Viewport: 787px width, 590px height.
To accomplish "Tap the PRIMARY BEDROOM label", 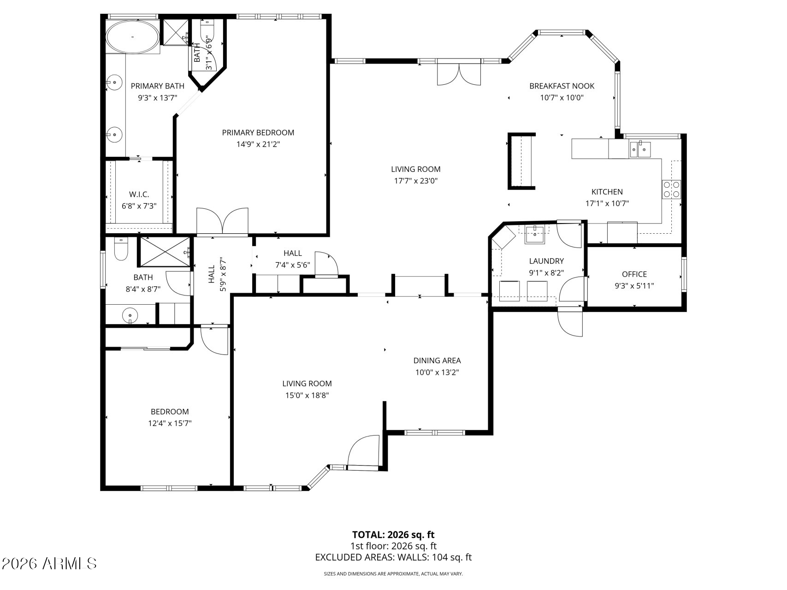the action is coord(258,133).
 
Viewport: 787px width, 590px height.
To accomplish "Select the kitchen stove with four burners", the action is coord(671,189).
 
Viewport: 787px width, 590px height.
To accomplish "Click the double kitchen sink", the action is coord(640,149).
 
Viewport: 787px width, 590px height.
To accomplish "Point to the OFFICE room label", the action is coord(634,274).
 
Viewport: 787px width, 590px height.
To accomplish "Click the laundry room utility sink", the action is coord(535,234).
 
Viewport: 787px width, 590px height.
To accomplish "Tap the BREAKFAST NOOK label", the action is coord(562,86).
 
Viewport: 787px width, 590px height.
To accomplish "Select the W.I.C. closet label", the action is coord(139,195).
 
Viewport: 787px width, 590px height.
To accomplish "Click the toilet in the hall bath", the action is coord(121,249).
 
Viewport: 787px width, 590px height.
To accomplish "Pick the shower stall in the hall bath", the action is coord(165,252).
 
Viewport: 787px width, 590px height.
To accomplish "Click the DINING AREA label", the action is coord(437,361).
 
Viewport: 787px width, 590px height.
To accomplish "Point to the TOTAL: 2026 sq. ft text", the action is coord(393,535).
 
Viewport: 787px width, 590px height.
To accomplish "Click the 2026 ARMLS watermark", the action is coord(49,563).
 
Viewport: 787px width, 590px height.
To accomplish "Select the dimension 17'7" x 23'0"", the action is coord(415,181).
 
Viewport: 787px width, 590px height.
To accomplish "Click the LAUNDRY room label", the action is coord(546,261).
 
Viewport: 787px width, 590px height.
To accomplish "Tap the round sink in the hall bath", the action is coord(130,316).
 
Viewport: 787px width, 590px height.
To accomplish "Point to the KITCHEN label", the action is coord(607,192).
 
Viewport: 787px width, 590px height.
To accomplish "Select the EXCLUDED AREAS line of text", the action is coord(393,557).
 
